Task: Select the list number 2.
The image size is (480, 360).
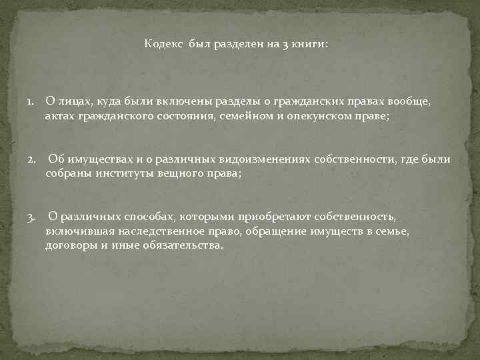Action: click(x=31, y=160)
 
